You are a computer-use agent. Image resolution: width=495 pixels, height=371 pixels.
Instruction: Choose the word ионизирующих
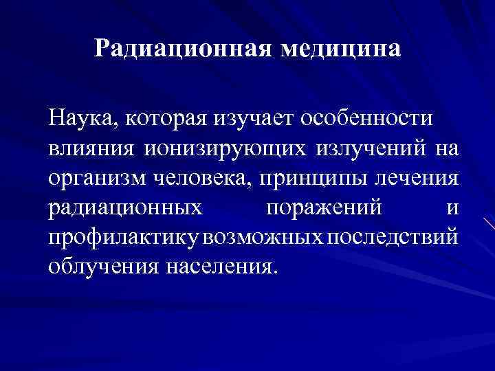click(219, 148)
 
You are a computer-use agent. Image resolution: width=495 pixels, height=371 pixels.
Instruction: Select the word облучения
click(102, 267)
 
